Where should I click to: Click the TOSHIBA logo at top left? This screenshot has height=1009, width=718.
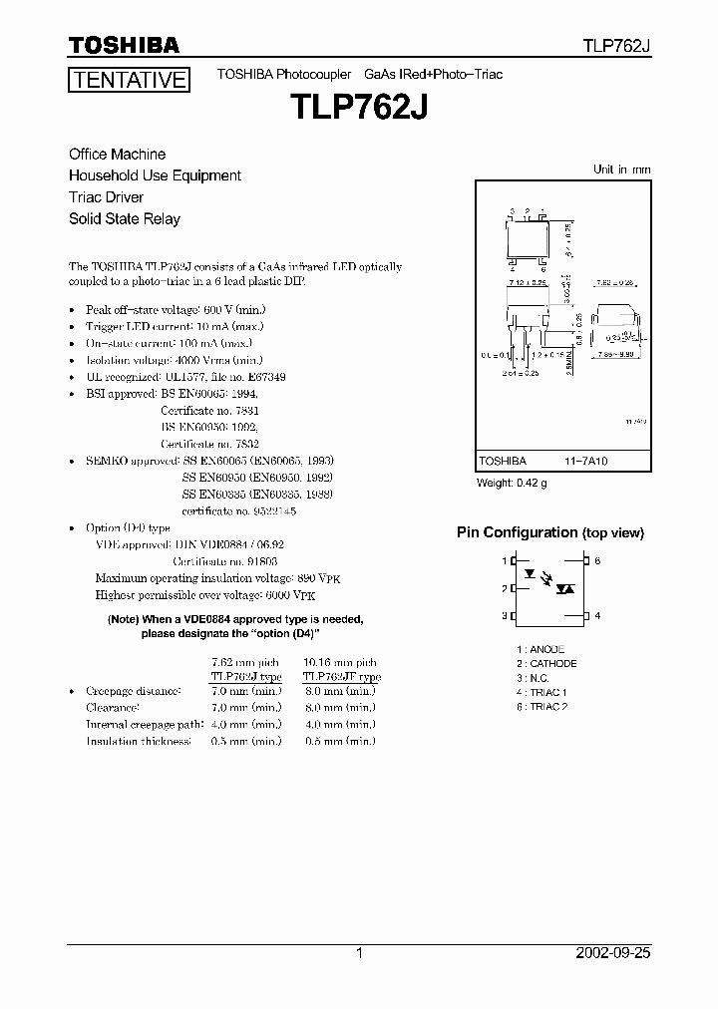(123, 45)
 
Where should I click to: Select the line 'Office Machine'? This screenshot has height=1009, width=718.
(117, 155)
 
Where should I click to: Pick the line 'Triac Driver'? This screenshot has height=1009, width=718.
(106, 197)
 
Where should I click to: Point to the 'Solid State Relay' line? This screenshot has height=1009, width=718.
(124, 218)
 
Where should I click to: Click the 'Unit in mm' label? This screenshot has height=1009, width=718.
(621, 169)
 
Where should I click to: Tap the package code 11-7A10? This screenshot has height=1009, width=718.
(588, 462)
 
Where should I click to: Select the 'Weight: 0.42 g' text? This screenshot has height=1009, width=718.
(513, 484)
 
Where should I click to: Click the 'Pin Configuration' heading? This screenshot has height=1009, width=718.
(517, 532)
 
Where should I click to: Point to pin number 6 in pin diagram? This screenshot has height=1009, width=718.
(597, 561)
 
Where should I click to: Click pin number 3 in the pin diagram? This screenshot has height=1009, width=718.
(504, 616)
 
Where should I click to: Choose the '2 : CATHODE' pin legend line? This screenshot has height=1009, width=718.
(546, 663)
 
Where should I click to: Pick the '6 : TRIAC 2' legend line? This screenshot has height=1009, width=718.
(541, 706)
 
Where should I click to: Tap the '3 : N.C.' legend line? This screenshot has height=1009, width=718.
(534, 677)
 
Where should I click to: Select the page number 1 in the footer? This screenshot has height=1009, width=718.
(358, 952)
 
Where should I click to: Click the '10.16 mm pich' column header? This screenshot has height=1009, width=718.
(339, 662)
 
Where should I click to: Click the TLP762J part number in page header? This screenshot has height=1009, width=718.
(617, 46)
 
